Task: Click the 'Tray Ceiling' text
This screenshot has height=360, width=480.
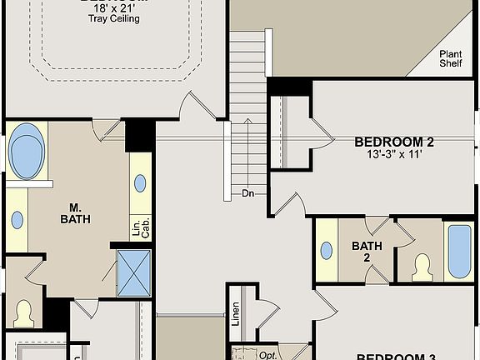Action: pyautogui.click(x=114, y=17)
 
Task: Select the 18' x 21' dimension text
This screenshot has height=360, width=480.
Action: pyautogui.click(x=114, y=7)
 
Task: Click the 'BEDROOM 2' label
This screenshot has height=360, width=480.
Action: pyautogui.click(x=394, y=142)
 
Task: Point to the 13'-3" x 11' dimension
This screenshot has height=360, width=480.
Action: pyautogui.click(x=394, y=154)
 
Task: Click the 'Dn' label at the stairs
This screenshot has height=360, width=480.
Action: pyautogui.click(x=247, y=193)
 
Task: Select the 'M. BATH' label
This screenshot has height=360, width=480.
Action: pyautogui.click(x=75, y=213)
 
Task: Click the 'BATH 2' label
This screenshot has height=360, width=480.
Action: pyautogui.click(x=366, y=251)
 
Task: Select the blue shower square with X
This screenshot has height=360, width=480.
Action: pyautogui.click(x=133, y=272)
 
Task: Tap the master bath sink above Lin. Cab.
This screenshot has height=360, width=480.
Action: pyautogui.click(x=140, y=183)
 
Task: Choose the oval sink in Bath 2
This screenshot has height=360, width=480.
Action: pyautogui.click(x=327, y=251)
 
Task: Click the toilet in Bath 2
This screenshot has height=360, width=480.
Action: pyautogui.click(x=421, y=266)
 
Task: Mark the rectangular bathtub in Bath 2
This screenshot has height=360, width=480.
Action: pyautogui.click(x=459, y=251)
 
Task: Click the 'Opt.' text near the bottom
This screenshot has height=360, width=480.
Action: pyautogui.click(x=267, y=355)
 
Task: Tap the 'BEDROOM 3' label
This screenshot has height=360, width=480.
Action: pyautogui.click(x=396, y=357)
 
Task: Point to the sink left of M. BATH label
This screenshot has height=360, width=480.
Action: pyautogui.click(x=17, y=220)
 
